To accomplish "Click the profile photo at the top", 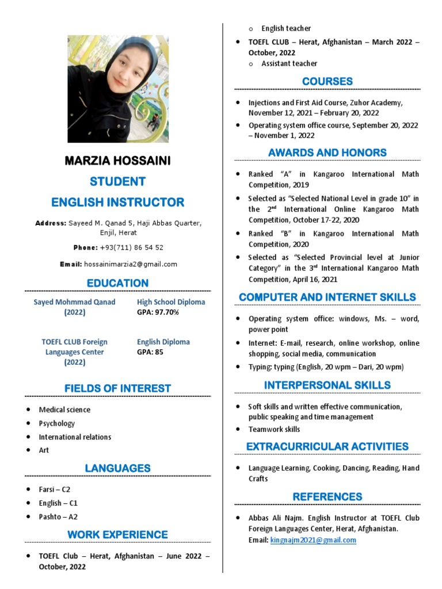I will [118, 89].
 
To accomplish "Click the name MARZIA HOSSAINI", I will [117, 161].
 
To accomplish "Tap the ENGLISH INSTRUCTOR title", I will [117, 202].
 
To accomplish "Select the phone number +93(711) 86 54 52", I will [131, 247].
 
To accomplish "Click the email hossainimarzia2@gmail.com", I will [131, 264].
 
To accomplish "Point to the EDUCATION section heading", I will [117, 283].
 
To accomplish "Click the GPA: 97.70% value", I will [158, 312].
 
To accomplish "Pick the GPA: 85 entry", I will [150, 352].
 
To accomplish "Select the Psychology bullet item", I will [56, 423].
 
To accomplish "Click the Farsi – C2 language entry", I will [54, 489].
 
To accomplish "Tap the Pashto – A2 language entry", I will [58, 517].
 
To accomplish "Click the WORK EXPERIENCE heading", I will [117, 535].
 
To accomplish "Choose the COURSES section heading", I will [327, 82].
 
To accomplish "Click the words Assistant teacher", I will [289, 63].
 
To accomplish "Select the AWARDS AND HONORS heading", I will [327, 152].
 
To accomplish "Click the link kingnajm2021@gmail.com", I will [313, 540].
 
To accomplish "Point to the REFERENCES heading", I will [327, 496].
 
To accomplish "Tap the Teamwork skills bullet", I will [274, 429].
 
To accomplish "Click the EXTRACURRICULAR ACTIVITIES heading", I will [327, 446].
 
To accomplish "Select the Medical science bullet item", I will [64, 410].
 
